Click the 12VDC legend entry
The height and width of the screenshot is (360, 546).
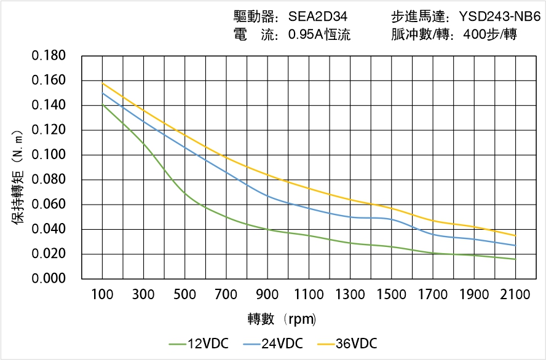[199, 343]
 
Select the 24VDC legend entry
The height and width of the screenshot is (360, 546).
[273, 343]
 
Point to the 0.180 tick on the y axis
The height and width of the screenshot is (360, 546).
[49, 57]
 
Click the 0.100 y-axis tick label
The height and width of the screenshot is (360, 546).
[49, 155]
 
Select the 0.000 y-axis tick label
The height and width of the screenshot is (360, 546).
[49, 279]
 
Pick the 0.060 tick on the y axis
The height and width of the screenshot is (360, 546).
[49, 205]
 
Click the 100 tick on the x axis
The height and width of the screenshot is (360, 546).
[102, 295]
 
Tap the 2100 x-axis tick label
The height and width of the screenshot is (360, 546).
[515, 295]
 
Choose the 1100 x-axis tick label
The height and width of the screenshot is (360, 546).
[309, 295]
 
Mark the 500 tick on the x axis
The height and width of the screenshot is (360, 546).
[184, 295]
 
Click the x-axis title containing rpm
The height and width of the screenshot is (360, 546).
[282, 319]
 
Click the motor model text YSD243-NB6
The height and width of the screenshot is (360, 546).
[499, 17]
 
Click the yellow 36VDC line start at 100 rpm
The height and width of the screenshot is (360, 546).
[102, 83]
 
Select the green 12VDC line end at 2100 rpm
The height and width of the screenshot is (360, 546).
[515, 259]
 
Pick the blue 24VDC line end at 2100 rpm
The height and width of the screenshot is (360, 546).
[515, 246]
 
